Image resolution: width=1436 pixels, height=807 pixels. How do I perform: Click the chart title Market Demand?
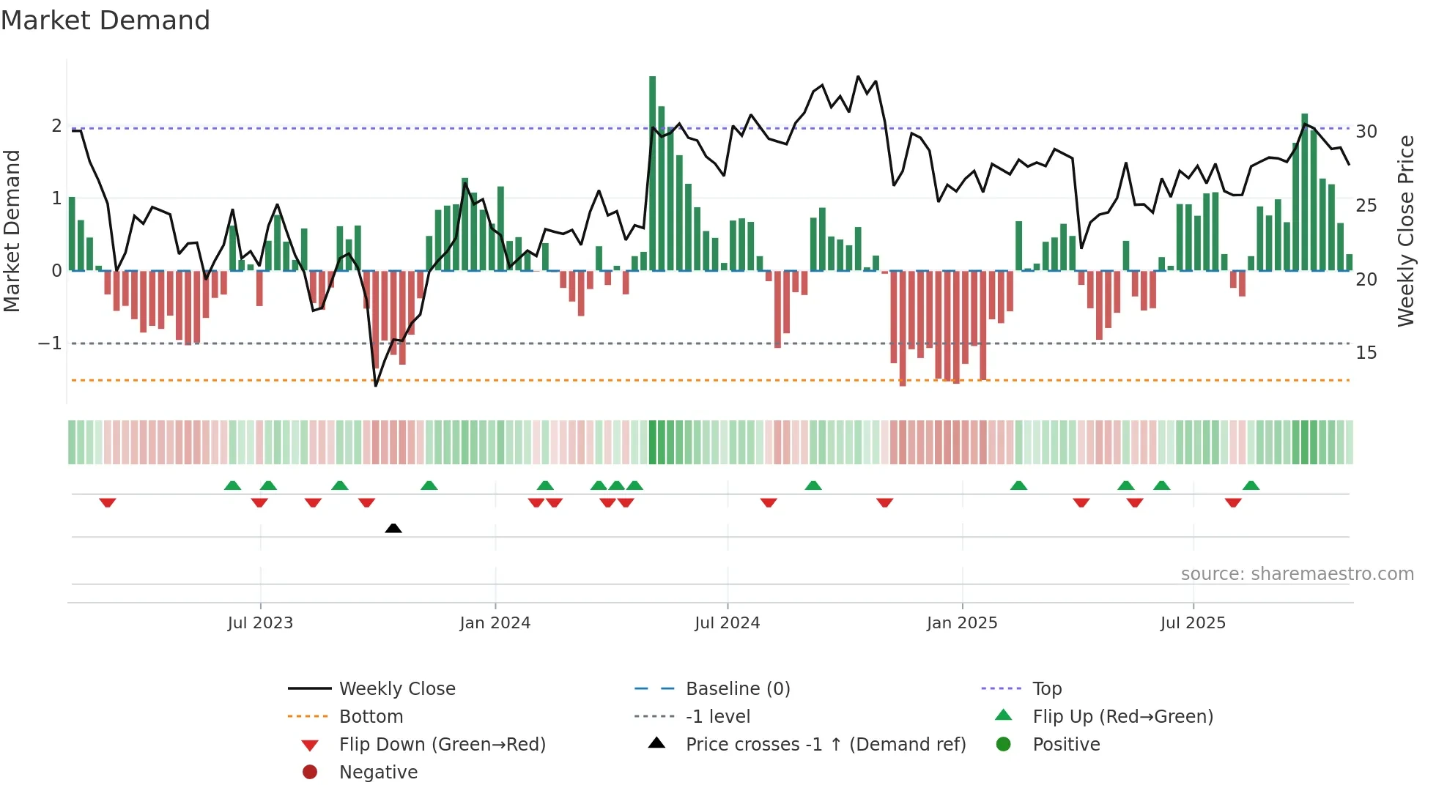pos(106,21)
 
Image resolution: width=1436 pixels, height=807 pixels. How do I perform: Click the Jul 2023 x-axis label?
pos(260,623)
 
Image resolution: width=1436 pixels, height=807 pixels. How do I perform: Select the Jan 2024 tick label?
pos(495,623)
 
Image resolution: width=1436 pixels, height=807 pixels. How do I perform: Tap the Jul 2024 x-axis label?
pos(727,623)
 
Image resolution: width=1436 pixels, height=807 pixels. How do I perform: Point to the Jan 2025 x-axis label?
pos(961,623)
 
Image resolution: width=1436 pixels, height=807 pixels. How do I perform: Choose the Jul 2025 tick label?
pos(1193,623)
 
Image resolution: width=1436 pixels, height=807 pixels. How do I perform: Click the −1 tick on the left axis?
pos(51,343)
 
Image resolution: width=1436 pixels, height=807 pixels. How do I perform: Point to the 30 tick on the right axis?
pos(1366,132)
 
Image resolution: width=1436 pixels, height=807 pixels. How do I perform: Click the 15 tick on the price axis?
pos(1366,353)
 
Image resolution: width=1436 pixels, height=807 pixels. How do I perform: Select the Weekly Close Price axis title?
pos(1405,231)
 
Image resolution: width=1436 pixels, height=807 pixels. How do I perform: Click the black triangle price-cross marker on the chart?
pos(393,528)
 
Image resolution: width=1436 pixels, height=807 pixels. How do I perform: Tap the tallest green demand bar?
pos(652,173)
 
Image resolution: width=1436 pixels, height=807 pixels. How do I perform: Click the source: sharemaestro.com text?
pos(1297,574)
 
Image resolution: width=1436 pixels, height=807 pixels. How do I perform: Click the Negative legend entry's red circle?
pos(310,773)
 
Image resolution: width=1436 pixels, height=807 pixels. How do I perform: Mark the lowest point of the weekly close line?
pos(376,385)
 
